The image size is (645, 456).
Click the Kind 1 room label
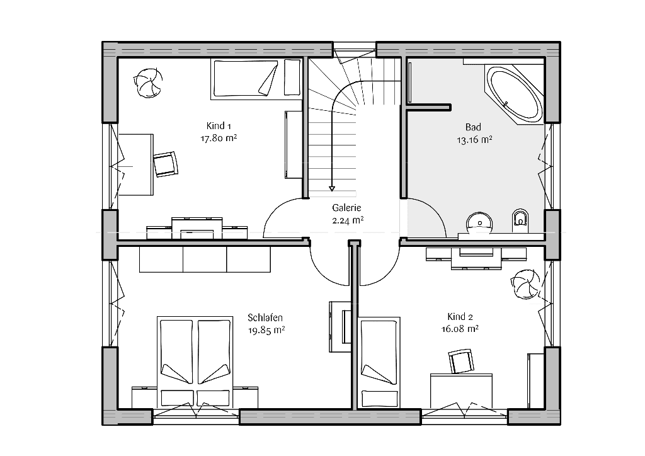tap(219, 126)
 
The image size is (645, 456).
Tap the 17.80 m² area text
tap(219, 138)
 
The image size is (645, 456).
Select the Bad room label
tap(473, 127)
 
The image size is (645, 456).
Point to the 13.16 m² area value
tap(474, 140)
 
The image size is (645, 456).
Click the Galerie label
tap(347, 208)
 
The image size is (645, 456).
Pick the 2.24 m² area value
tap(348, 221)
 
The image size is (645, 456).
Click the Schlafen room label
tap(265, 317)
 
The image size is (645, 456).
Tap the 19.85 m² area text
tap(266, 330)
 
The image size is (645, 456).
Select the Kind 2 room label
tap(460, 317)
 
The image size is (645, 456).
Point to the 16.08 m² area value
tap(460, 329)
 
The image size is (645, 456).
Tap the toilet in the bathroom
tap(520, 220)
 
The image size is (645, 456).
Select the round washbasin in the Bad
tap(479, 223)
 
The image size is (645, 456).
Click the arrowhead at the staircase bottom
tap(331, 189)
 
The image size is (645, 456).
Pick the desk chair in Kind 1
tap(166, 164)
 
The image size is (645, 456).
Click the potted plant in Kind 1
tap(147, 83)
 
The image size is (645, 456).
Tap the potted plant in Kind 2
tap(525, 284)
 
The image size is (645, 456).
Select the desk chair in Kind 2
tap(461, 361)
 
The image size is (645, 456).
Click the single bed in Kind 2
tap(379, 362)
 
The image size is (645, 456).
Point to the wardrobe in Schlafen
tap(205, 259)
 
